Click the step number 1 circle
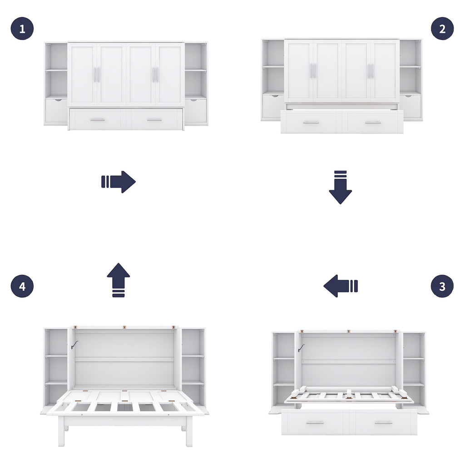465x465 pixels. coord(22,29)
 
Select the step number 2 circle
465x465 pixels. coord(442,29)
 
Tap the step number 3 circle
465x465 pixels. coord(442,286)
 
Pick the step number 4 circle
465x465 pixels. coord(22,286)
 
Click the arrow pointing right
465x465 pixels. coord(119,182)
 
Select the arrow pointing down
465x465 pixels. coord(340,187)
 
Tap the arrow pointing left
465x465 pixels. coord(341,286)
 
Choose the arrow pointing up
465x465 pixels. coord(119,280)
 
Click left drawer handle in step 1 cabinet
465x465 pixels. coord(97,120)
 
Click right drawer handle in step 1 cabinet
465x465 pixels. coord(154,120)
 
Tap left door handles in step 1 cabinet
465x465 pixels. coord(97,74)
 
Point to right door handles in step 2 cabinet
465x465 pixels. coord(371,71)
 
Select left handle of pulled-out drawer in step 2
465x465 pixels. coord(311,123)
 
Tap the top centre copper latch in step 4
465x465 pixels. coord(124,326)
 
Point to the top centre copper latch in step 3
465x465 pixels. coord(348,331)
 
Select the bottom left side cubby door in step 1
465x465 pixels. coord(56,111)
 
